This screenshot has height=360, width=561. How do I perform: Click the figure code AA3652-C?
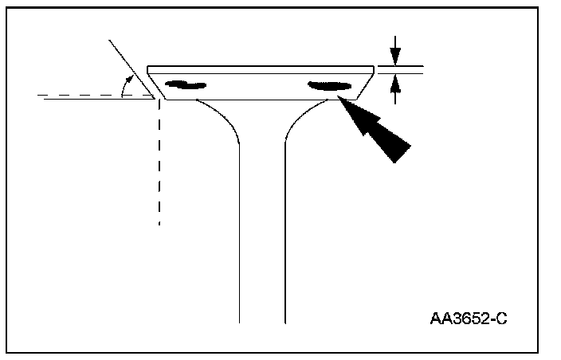[469, 319]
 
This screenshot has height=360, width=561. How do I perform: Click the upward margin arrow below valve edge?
[394, 90]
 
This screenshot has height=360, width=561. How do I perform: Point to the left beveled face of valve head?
[156, 83]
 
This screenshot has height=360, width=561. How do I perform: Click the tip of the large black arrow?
[340, 99]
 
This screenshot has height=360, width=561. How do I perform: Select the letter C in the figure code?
[502, 319]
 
